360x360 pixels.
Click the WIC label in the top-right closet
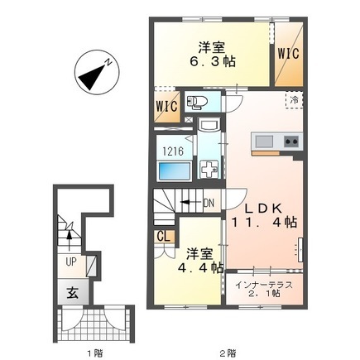[x=289, y=54]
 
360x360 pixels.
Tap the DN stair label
[x=210, y=202]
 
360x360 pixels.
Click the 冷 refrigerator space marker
[x=295, y=98]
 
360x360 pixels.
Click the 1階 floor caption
[x=93, y=351]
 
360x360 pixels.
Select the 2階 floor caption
[x=226, y=351]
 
